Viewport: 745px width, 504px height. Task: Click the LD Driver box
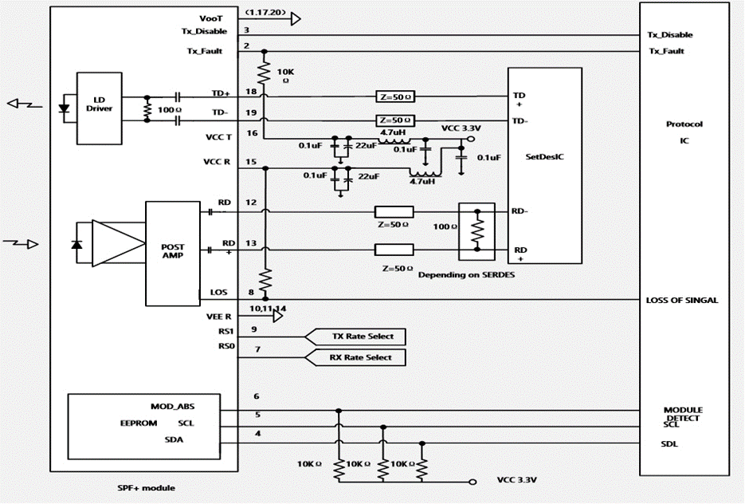coord(100,108)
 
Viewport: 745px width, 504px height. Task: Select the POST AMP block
coord(172,254)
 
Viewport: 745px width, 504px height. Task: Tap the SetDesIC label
coord(544,157)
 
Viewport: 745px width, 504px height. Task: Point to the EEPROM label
coord(139,423)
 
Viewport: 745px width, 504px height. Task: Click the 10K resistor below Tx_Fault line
coord(264,73)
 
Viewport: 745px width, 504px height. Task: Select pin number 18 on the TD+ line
coord(251,92)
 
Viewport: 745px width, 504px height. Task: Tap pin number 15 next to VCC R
coord(251,162)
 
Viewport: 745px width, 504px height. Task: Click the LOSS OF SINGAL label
coord(682,301)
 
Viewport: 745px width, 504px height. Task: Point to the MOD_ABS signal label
coord(172,407)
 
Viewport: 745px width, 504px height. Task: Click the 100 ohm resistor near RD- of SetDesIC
coord(477,230)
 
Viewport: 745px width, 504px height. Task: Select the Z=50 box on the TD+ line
coord(395,97)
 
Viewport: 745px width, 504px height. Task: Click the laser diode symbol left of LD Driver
coord(64,108)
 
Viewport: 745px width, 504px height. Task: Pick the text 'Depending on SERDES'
coord(466,275)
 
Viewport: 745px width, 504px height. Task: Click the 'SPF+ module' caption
coord(146,488)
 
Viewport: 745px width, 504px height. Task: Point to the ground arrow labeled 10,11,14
coord(278,317)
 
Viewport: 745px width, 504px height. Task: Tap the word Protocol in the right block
coord(684,124)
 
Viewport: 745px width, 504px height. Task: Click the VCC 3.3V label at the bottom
coord(517,480)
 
